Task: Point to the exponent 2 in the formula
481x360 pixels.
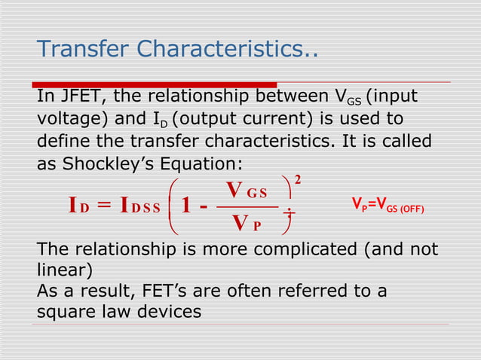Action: click(x=298, y=180)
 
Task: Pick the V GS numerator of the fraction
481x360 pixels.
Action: click(x=247, y=188)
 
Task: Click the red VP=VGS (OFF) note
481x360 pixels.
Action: click(x=388, y=205)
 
